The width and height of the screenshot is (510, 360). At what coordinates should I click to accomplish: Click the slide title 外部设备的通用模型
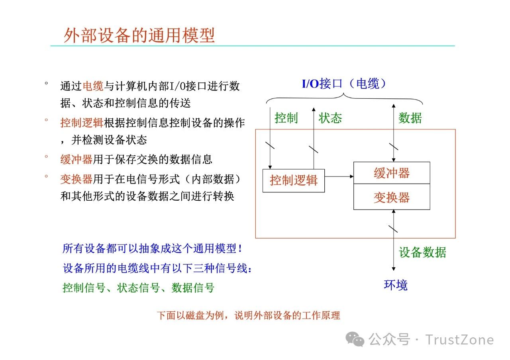[139, 35]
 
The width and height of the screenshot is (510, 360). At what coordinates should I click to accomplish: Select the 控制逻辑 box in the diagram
[294, 180]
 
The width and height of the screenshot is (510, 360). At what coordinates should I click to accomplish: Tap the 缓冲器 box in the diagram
[392, 173]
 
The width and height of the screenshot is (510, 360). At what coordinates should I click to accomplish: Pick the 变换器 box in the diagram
[392, 197]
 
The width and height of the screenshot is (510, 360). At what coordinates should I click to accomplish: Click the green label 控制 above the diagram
[286, 118]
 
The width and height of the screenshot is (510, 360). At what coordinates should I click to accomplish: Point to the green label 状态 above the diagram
[330, 118]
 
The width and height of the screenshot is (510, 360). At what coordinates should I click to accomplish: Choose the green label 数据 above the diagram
[410, 118]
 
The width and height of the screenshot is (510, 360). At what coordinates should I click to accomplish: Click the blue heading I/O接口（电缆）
[344, 84]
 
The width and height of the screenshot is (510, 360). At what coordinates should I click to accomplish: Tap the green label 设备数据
[422, 252]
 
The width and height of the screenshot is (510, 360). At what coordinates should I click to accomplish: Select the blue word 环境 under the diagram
[395, 285]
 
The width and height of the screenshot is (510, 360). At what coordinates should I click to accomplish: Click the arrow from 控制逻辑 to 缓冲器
[339, 176]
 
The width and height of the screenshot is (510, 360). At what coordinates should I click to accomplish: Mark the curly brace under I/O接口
[344, 98]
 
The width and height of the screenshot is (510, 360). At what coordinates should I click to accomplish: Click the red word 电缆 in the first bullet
[93, 86]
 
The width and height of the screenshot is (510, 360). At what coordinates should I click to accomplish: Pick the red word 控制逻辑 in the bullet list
[82, 122]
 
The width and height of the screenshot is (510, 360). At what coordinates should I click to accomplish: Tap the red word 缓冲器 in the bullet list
[76, 159]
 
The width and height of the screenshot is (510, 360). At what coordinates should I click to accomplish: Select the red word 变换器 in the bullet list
[76, 179]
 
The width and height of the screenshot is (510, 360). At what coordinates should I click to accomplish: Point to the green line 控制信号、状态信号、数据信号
[138, 288]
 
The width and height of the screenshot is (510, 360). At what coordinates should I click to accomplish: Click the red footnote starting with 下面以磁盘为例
[248, 315]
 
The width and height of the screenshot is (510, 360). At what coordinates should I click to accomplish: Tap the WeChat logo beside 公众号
[355, 340]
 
